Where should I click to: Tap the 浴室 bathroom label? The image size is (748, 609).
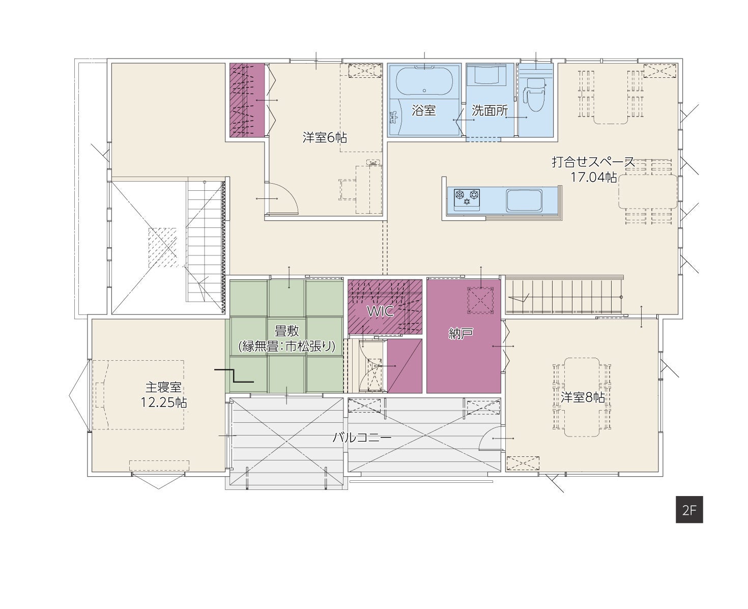[423, 110]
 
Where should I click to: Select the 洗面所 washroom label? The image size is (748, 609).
[490, 110]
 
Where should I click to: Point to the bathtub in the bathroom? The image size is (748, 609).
[424, 81]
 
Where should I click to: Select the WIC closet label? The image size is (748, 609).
[380, 311]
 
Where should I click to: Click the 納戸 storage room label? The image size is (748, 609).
[461, 334]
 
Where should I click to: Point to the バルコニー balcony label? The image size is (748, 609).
[362, 438]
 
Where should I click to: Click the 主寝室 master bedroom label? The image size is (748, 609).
[163, 387]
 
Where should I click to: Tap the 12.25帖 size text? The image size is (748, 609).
[164, 402]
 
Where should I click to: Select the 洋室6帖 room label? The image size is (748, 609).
[325, 137]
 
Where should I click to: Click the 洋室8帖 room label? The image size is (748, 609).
[583, 397]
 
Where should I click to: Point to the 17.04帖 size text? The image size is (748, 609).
[593, 177]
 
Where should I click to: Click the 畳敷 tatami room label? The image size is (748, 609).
[287, 331]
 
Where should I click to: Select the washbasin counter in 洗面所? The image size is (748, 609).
[490, 75]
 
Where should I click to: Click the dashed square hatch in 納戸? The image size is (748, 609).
[480, 300]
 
